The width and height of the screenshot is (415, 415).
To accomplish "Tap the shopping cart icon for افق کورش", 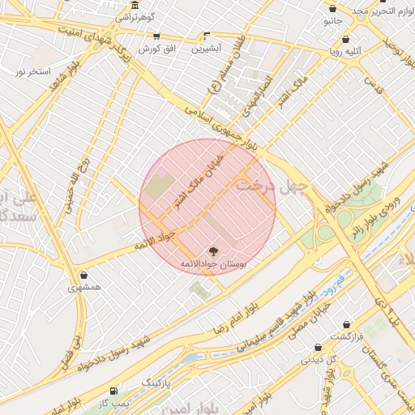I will pos(156,36).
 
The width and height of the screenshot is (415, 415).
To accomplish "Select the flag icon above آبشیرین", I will pos(206,36).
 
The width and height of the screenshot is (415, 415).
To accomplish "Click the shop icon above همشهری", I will pos(84,274).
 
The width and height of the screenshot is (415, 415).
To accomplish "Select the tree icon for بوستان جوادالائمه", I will pos(213,251).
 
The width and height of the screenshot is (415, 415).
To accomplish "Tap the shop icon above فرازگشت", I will pos(347,324).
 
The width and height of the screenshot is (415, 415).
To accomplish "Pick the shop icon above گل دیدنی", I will pos(318,348).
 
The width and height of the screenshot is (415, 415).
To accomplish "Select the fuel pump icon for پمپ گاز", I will pos(113,391).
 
